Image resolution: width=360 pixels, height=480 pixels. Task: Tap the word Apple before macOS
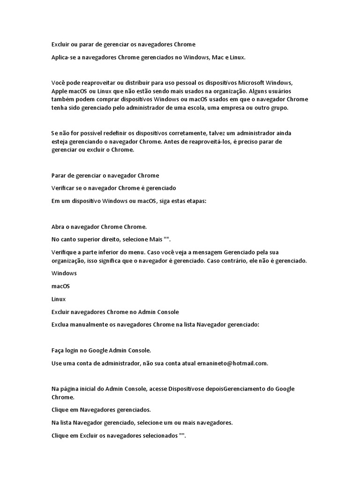click(60, 91)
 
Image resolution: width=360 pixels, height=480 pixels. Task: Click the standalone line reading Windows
click(64, 273)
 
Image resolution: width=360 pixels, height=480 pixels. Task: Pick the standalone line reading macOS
click(60, 286)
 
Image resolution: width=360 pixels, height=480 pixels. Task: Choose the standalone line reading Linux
click(58, 299)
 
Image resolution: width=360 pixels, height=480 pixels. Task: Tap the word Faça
click(58, 350)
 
